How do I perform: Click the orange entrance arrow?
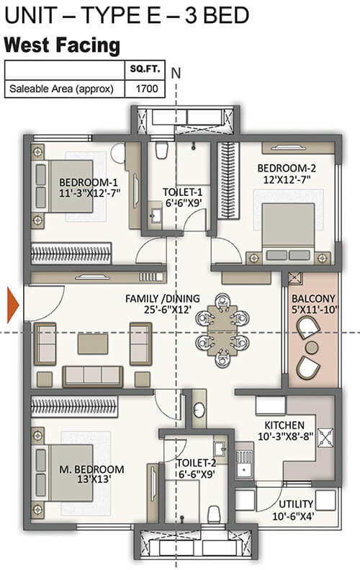pyautogui.click(x=13, y=305)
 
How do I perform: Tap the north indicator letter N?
pyautogui.click(x=176, y=74)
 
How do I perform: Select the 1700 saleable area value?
pyautogui.click(x=147, y=89)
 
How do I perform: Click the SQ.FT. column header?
pyautogui.click(x=145, y=68)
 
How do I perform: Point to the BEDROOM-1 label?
pyautogui.click(x=89, y=182)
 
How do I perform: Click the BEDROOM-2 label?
pyautogui.click(x=287, y=169)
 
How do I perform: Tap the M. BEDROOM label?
pyautogui.click(x=91, y=469)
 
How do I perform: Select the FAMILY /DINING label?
pyautogui.click(x=163, y=298)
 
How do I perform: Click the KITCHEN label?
pyautogui.click(x=284, y=425)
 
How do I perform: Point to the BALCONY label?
pyautogui.click(x=313, y=298)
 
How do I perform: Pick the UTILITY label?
pyautogui.click(x=296, y=504)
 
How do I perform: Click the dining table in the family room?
pyautogui.click(x=222, y=331)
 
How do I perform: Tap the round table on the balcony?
pyautogui.click(x=312, y=348)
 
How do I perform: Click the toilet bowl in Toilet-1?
pyautogui.click(x=161, y=150)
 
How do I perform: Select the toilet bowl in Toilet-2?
pyautogui.click(x=214, y=514)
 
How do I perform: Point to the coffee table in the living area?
pyautogui.click(x=93, y=344)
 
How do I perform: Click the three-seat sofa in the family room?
pyautogui.click(x=93, y=376)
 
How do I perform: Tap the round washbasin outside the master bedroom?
pyautogui.click(x=199, y=410)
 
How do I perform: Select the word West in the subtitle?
pyautogui.click(x=26, y=46)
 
